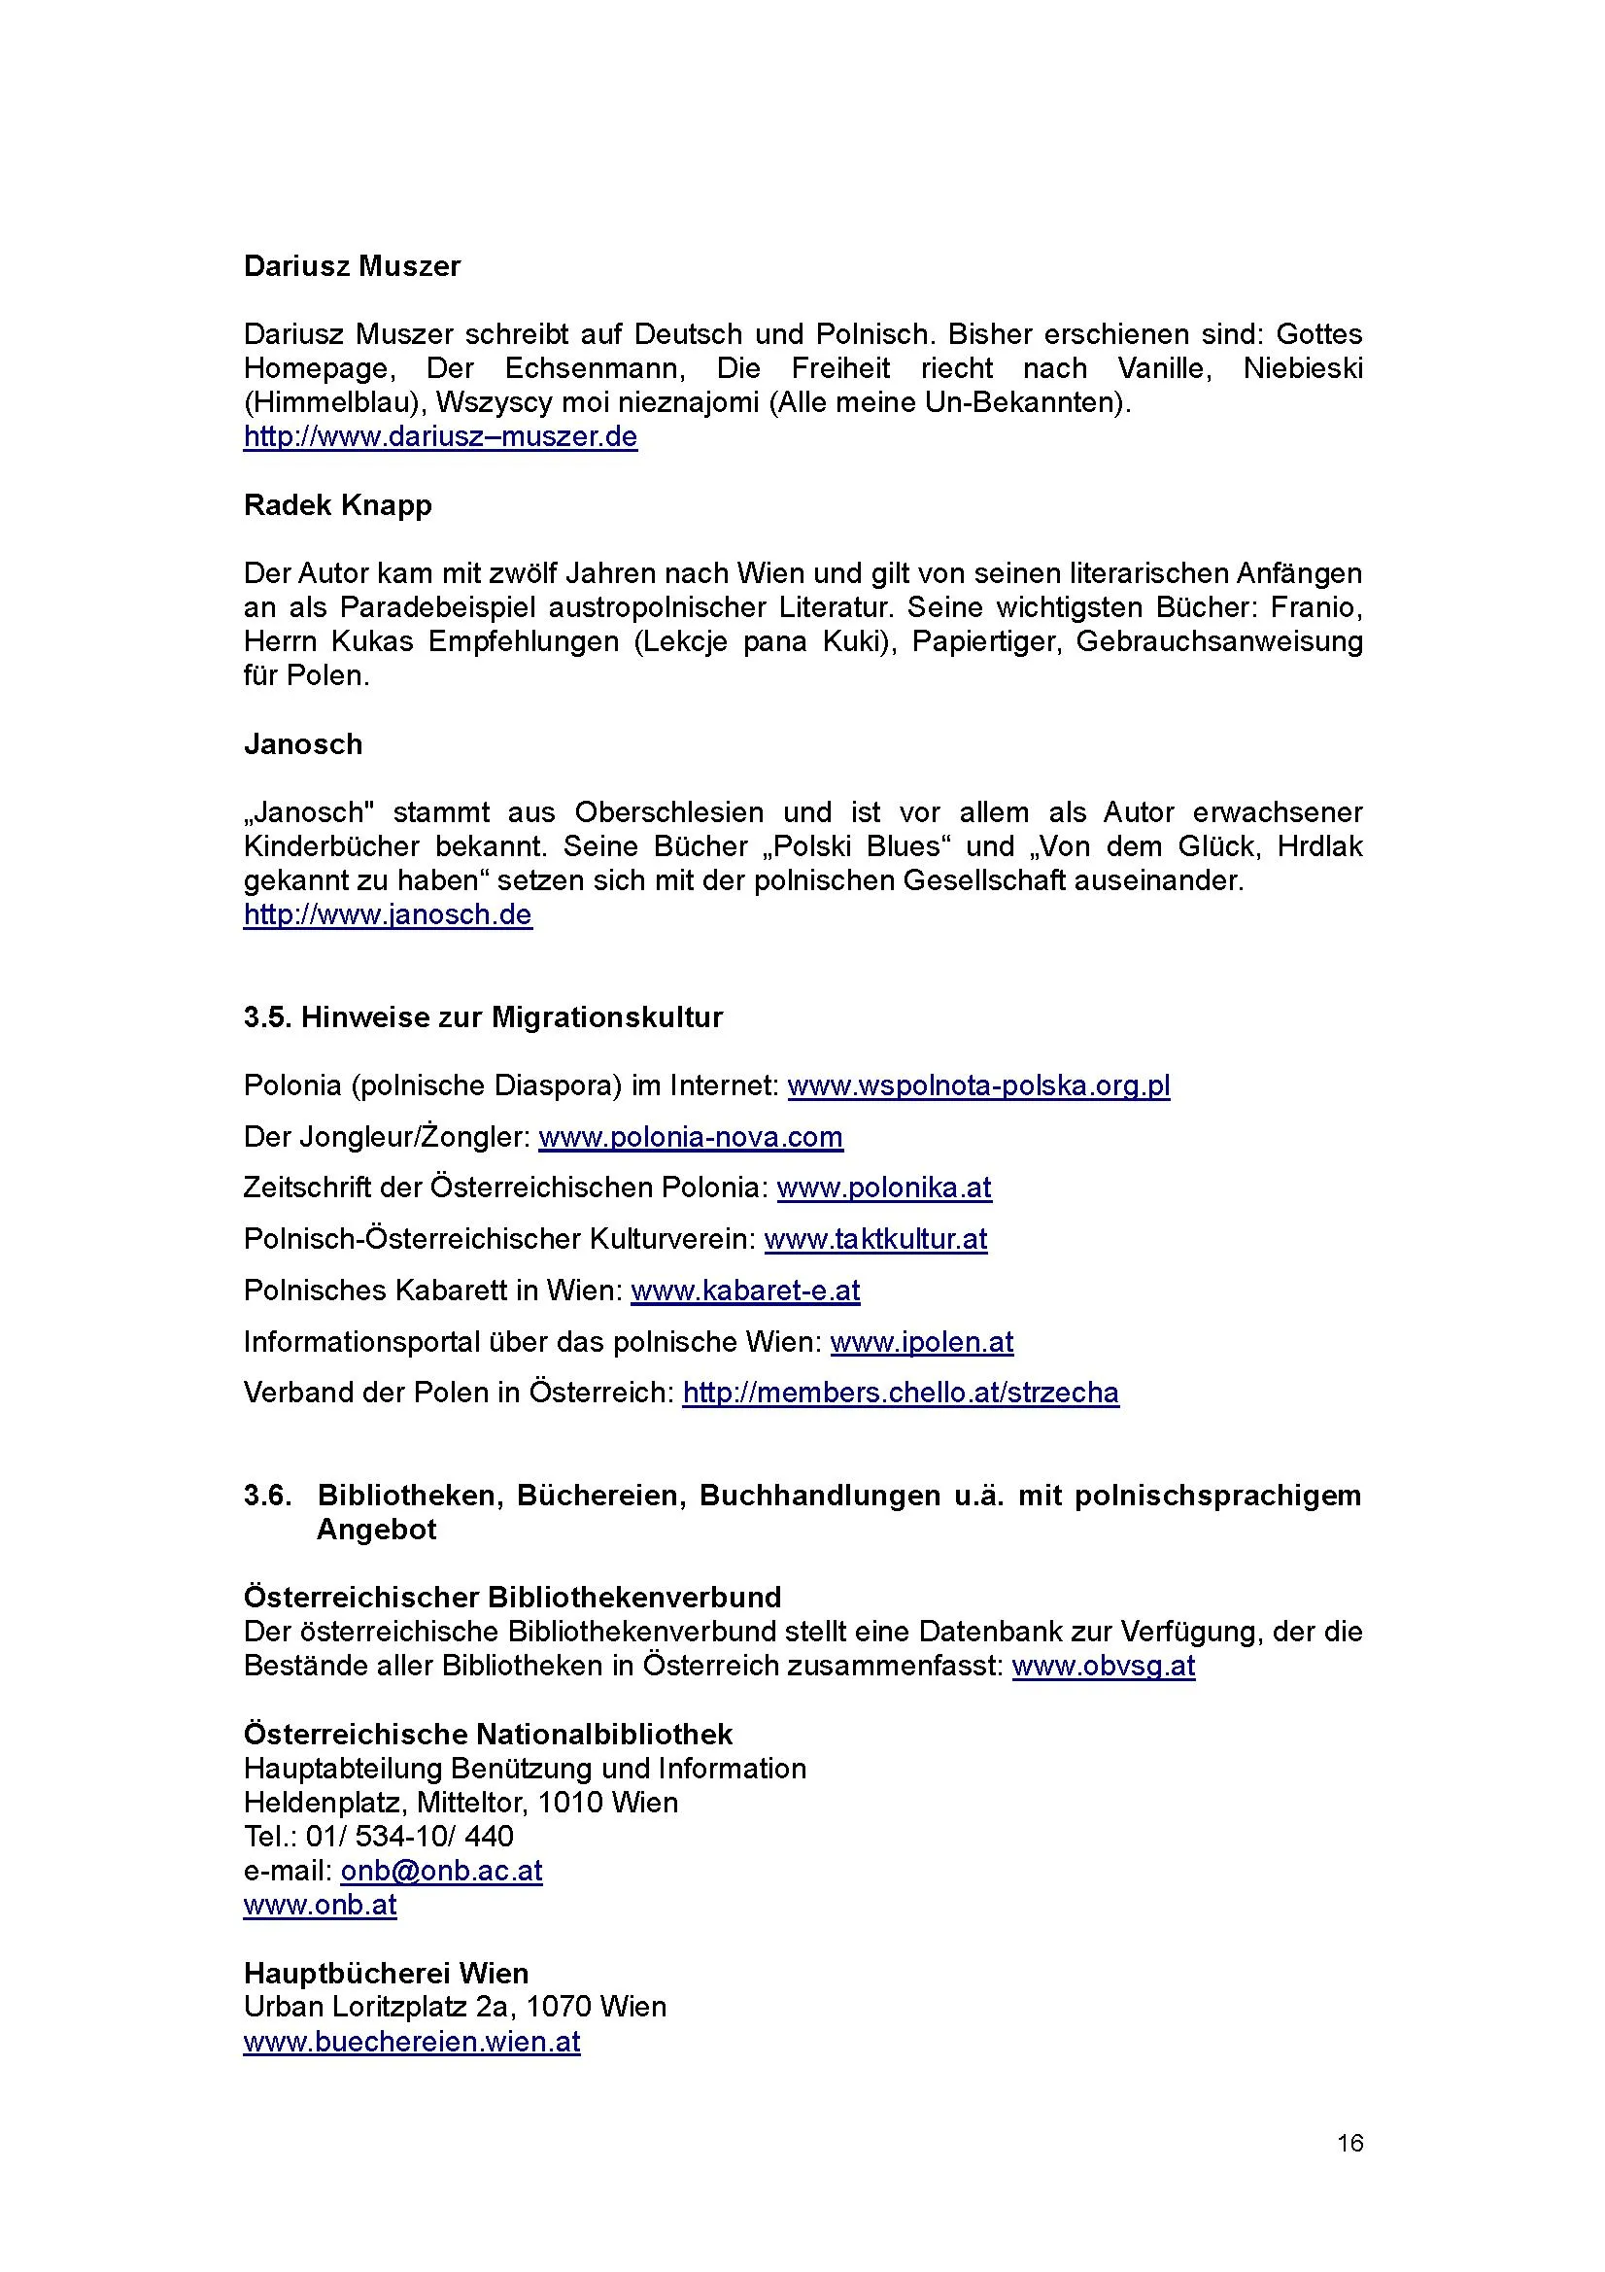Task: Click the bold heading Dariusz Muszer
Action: [x=352, y=266]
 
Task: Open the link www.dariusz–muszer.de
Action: [x=440, y=436]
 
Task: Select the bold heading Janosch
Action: [x=303, y=744]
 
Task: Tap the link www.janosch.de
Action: [x=388, y=914]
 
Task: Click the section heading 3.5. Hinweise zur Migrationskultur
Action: [x=483, y=1017]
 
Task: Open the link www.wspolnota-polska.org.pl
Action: [x=978, y=1085]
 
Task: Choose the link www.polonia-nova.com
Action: [x=691, y=1137]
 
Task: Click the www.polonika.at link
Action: [x=884, y=1188]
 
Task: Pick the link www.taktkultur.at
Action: [x=875, y=1239]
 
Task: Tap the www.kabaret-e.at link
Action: [x=745, y=1291]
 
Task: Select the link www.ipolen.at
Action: [x=921, y=1342]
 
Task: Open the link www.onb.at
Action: [x=320, y=1905]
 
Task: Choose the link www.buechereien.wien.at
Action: [x=412, y=2042]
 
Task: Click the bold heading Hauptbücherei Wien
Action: [x=386, y=1973]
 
